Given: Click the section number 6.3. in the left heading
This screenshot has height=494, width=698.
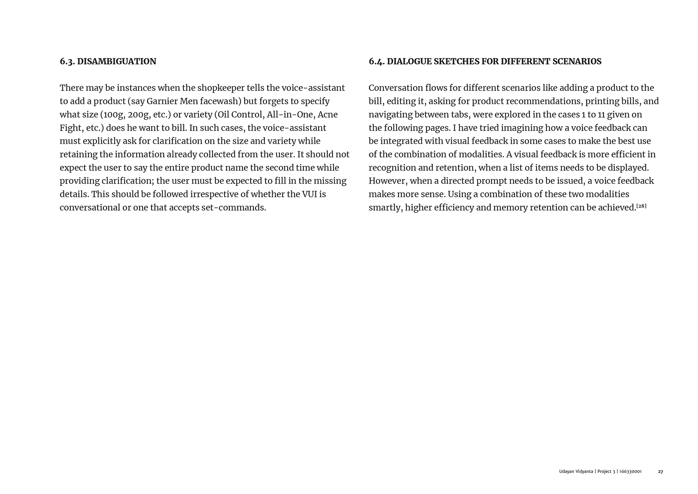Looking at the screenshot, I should pos(67,61).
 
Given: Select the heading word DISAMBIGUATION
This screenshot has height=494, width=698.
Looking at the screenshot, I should pos(117,61).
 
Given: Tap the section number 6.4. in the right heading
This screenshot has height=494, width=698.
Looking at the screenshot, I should pos(376,61).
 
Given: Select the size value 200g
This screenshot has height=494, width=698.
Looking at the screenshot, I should pos(139,115).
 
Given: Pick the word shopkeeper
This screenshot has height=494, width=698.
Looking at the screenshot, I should pos(221,88).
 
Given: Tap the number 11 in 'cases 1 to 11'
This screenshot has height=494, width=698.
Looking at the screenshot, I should pos(601,115).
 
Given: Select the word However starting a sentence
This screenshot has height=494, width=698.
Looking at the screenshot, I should pos(388,181).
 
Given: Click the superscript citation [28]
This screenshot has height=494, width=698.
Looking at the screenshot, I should pos(641,206).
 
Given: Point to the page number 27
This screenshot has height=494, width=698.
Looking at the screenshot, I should pos(660,472).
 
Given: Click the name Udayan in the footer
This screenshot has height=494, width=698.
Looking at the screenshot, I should pos(566,472).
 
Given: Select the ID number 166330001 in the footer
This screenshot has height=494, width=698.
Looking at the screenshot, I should pos(630,472).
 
